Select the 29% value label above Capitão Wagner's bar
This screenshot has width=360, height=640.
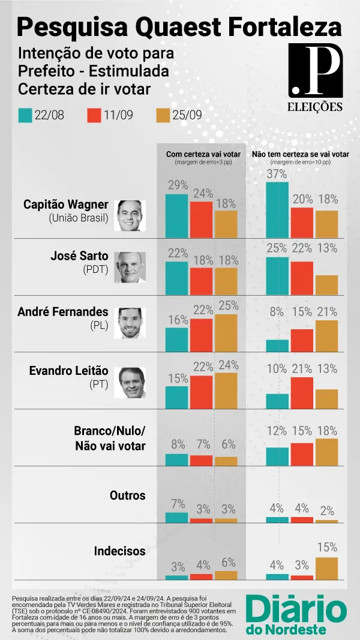[x=177, y=185]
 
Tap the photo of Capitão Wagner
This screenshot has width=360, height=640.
[x=130, y=216]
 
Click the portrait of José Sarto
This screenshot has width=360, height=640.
[x=130, y=268]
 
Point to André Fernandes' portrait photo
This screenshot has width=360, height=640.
[x=130, y=323]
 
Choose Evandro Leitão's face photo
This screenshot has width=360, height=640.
[x=130, y=382]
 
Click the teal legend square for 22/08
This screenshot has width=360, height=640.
[x=26, y=115]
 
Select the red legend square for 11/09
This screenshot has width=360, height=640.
[x=95, y=115]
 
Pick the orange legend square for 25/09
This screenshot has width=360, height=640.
[x=163, y=115]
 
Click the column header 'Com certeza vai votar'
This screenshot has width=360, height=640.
[x=203, y=154]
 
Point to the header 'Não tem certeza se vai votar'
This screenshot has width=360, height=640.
[x=300, y=154]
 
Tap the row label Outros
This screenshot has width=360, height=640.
[x=127, y=495]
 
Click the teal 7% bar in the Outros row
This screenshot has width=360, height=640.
[x=176, y=518]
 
